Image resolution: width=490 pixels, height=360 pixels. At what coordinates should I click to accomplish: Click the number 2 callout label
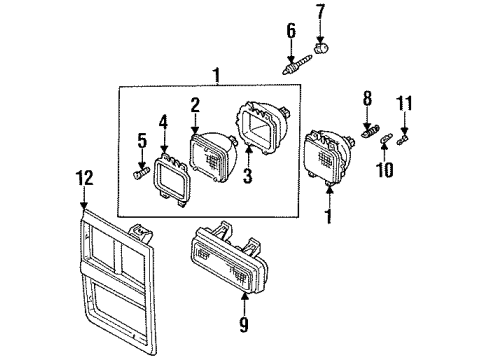(x=196, y=105)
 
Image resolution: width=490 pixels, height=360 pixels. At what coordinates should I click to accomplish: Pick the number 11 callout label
(x=406, y=102)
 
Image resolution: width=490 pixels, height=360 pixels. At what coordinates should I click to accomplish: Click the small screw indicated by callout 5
(x=139, y=176)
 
